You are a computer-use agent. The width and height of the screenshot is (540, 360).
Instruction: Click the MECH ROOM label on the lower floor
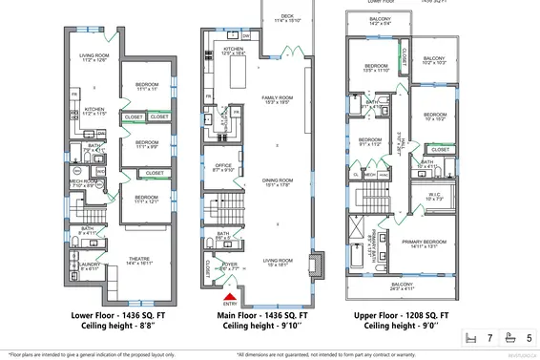85,183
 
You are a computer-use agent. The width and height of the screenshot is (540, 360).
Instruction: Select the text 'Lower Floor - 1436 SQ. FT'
107,314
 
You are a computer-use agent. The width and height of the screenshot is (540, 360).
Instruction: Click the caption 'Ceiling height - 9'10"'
263,326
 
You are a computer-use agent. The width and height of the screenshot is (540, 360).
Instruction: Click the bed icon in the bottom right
468,337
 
